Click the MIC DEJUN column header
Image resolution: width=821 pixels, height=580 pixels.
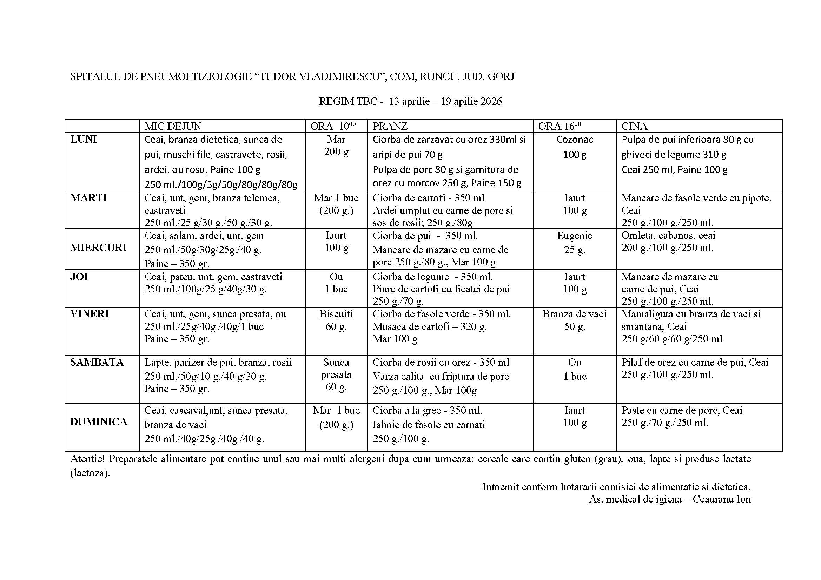[173, 126]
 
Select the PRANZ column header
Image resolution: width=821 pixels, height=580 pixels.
[390, 126]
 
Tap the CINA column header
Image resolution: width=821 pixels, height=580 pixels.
[634, 126]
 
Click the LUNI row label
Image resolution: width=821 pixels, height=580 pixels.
[83, 139]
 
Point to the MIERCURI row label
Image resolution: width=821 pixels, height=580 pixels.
[98, 248]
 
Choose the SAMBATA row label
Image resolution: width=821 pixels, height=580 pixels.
[97, 362]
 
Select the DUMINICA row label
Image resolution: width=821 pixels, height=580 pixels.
[99, 422]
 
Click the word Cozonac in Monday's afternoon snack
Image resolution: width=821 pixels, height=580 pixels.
[575, 139]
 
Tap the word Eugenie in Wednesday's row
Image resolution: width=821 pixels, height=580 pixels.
[575, 236]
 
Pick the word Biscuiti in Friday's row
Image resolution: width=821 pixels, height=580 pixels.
[336, 314]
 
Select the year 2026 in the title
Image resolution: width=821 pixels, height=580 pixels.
[491, 101]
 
